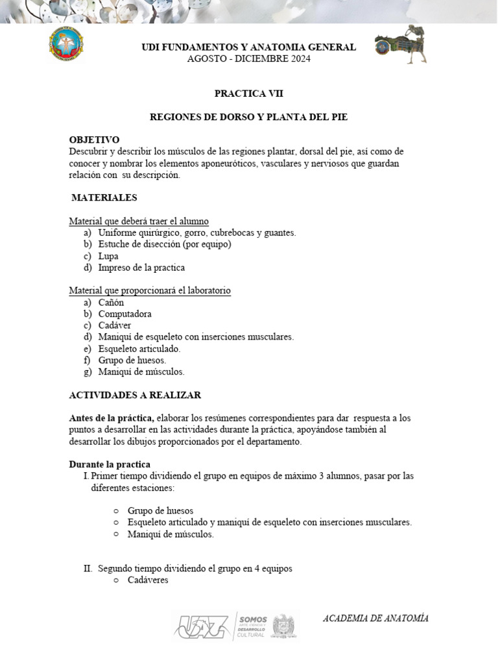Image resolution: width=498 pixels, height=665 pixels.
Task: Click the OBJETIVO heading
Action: pos(94,140)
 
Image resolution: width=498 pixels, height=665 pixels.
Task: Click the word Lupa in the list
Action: pos(108,256)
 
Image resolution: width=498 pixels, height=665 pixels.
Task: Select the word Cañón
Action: pos(111,303)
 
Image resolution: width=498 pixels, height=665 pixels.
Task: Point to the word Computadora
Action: pos(125,314)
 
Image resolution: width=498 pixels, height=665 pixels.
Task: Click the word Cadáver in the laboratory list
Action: pos(115,326)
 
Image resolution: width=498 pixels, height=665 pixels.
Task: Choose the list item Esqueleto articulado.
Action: pos(139,349)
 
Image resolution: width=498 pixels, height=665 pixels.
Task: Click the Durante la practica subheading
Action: pos(110,464)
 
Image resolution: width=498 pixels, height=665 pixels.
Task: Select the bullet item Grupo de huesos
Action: pos(160,510)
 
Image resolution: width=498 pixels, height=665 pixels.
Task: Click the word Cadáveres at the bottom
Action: pos(148,580)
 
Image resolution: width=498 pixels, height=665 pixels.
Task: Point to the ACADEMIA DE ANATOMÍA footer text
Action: pos(375,618)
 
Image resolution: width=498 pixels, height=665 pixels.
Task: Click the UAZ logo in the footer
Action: pos(202,626)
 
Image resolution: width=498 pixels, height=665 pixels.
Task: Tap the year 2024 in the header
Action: pos(299,58)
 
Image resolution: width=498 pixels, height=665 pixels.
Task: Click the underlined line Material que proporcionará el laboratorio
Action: pos(150,291)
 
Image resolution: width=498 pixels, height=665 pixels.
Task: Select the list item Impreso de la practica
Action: pos(141,268)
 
